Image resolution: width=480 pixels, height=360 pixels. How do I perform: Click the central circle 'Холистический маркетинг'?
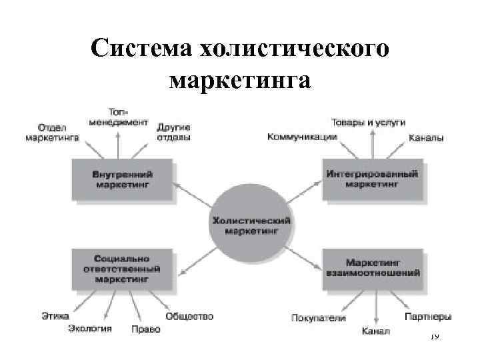251,224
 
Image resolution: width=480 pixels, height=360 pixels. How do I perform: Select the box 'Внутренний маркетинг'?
121,178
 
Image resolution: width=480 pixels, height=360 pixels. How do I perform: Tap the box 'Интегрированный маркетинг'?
372,178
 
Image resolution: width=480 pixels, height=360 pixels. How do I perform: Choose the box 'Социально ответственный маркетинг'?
121,269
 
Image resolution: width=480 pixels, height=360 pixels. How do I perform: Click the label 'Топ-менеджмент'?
118,118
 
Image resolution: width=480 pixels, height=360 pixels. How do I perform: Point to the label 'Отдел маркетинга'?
52,132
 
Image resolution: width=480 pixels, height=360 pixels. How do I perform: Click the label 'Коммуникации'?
302,137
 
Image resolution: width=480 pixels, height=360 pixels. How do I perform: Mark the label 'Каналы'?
426,139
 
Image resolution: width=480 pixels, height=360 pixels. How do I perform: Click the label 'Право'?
141,329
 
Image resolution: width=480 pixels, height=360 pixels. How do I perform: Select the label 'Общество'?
189,316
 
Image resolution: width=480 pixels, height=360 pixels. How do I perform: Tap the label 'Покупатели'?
319,317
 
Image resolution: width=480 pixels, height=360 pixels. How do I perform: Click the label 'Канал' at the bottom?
376,331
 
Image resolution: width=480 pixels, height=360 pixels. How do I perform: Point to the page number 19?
434,338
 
